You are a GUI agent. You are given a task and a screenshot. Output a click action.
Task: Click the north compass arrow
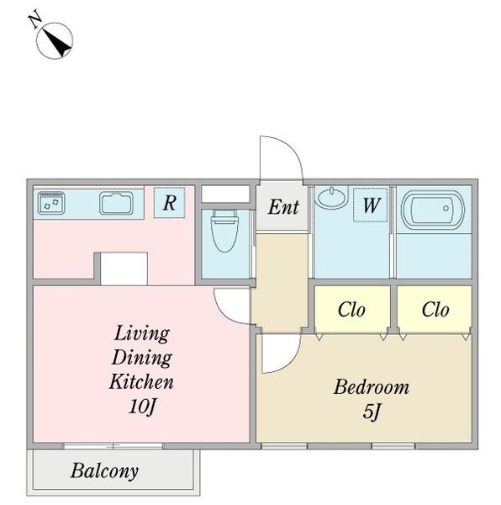click(57, 42)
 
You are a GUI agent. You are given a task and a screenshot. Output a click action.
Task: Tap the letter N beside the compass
click(35, 19)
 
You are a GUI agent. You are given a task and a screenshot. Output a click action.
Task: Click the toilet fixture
click(224, 231)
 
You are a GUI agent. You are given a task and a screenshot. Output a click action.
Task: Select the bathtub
click(433, 210)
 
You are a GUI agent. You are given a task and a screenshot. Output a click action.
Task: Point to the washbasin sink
click(331, 197)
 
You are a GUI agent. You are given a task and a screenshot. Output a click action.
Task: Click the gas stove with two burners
click(51, 203)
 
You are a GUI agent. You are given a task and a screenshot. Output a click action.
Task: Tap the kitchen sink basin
click(116, 203)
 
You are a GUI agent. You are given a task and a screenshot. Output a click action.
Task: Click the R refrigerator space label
click(170, 203)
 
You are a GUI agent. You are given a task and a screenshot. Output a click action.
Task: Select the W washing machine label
click(372, 205)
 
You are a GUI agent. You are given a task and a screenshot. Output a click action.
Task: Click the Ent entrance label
click(283, 207)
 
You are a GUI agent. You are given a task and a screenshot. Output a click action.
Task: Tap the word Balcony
click(105, 471)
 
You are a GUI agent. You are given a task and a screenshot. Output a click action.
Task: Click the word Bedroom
click(372, 387)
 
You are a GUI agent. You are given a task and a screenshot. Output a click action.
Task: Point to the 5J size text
click(372, 412)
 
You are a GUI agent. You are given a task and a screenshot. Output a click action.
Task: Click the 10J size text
click(142, 407)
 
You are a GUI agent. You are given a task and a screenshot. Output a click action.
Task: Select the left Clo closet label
click(351, 310)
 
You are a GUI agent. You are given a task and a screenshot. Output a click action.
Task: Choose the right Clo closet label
click(435, 310)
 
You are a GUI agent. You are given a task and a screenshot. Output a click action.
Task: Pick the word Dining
click(142, 358)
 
